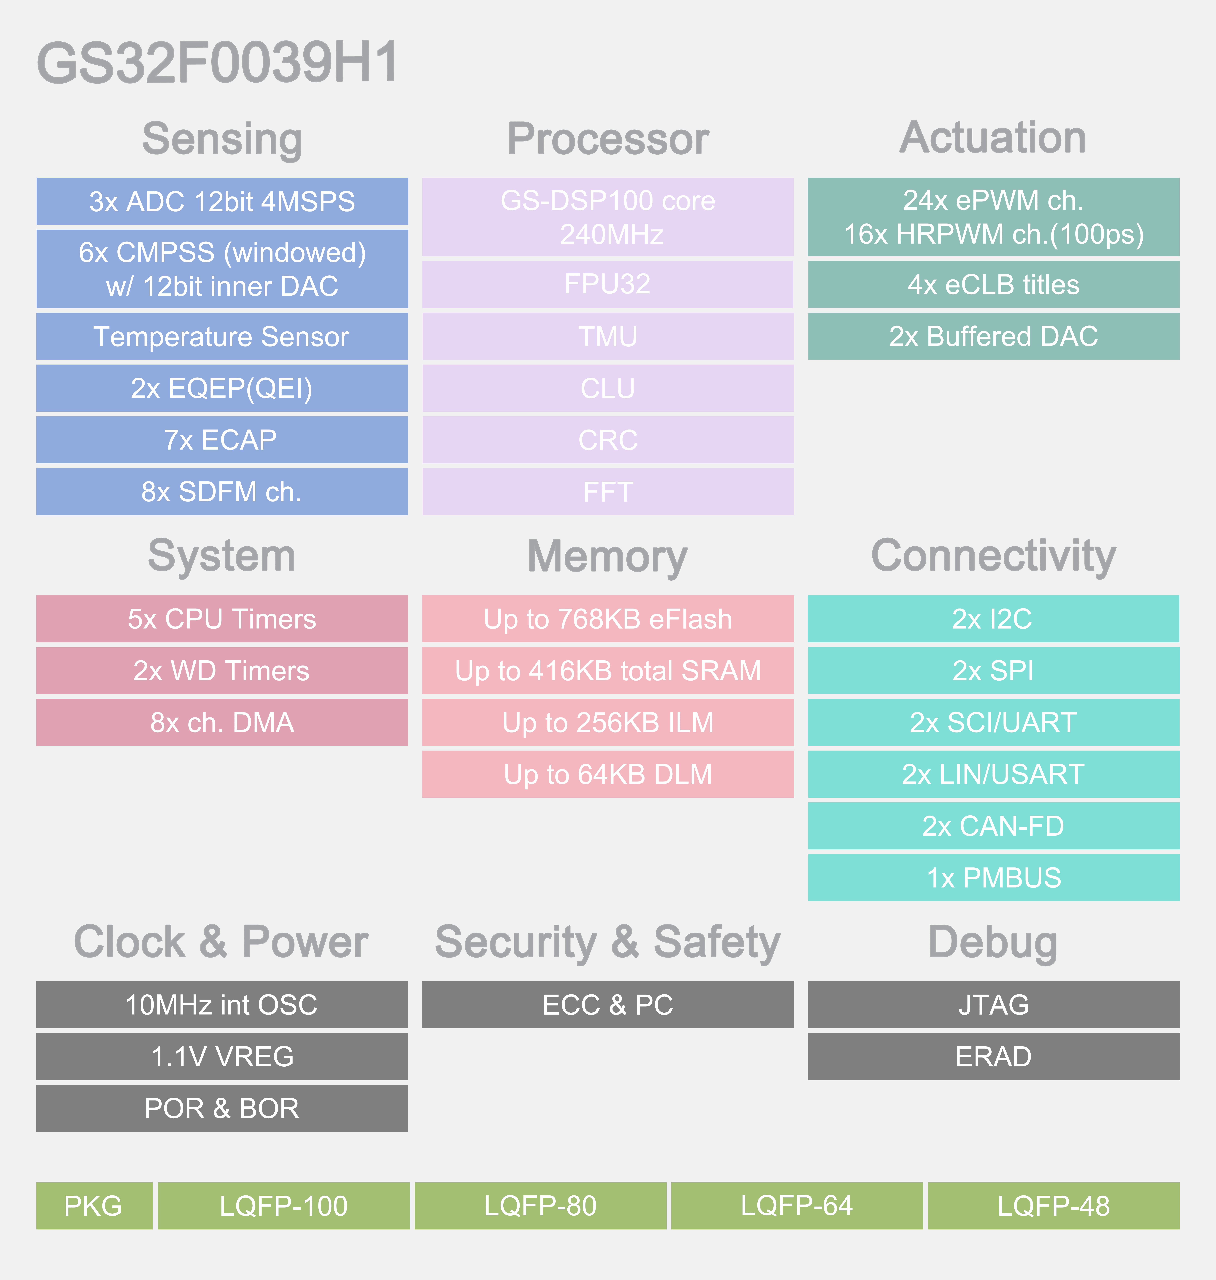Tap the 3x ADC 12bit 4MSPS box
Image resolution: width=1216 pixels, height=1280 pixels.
(222, 201)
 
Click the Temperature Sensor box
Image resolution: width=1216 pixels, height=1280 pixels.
(222, 336)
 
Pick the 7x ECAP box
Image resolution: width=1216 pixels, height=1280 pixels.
(222, 440)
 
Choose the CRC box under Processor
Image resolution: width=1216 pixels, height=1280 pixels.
(607, 440)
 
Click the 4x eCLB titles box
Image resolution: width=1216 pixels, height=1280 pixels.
(993, 284)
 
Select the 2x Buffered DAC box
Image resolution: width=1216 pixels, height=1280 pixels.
(993, 336)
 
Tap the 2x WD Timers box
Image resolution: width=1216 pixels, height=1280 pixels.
(222, 671)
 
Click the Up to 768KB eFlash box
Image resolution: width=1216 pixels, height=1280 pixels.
(607, 619)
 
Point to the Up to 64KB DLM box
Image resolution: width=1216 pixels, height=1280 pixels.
(607, 775)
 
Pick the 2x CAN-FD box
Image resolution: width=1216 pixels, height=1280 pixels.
(993, 826)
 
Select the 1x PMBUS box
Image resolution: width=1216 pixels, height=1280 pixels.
(993, 878)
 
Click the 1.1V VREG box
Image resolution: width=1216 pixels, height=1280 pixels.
(222, 1056)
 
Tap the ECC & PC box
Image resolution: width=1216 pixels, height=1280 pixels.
(607, 1005)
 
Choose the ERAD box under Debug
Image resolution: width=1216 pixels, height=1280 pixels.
(993, 1056)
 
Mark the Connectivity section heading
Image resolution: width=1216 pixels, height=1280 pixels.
(993, 556)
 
